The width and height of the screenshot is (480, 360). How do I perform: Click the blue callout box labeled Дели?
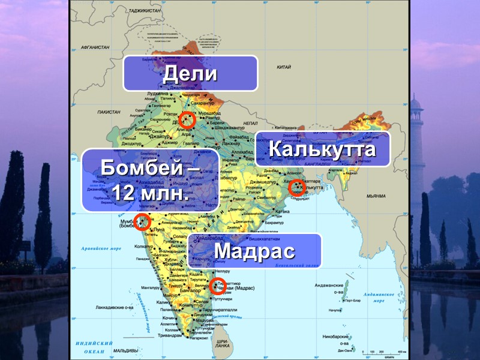pyautogui.click(x=190, y=74)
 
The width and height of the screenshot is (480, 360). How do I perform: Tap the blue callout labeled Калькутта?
pyautogui.click(x=322, y=149)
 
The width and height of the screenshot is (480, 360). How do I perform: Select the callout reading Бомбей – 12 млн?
pyautogui.click(x=150, y=180)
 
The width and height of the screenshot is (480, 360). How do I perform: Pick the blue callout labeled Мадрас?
pyautogui.click(x=255, y=251)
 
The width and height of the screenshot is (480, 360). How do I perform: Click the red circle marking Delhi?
pyautogui.click(x=187, y=119)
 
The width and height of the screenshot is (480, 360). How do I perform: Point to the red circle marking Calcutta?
pyautogui.click(x=296, y=188)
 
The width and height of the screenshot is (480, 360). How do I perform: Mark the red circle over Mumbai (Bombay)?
pyautogui.click(x=142, y=222)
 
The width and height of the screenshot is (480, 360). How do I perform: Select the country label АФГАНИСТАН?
pyautogui.click(x=95, y=46)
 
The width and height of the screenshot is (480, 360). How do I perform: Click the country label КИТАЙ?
pyautogui.click(x=283, y=68)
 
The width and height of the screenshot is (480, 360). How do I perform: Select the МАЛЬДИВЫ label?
pyautogui.click(x=127, y=350)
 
